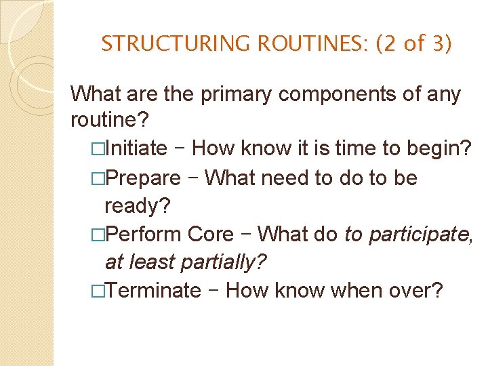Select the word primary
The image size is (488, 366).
click(237, 94)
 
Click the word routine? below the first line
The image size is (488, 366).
click(108, 121)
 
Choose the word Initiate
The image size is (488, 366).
click(136, 148)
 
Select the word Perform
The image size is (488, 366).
click(144, 235)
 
